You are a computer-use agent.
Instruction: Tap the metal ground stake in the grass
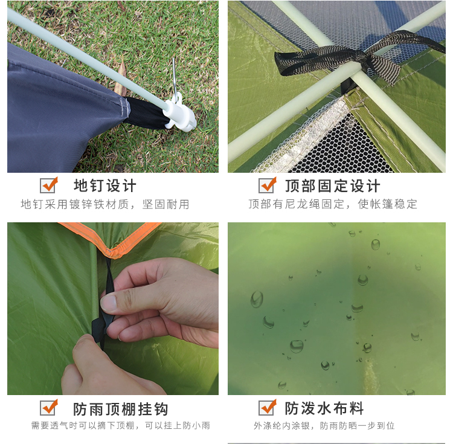tap(175, 78)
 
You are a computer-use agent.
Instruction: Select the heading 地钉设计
tap(105, 185)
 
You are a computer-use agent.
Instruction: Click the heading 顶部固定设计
tap(333, 185)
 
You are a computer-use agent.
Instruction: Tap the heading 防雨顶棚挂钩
tap(120, 409)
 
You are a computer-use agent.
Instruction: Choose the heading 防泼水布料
tap(324, 408)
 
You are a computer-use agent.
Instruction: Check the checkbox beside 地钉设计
tap(48, 185)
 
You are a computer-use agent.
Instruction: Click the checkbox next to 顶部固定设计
tap(267, 185)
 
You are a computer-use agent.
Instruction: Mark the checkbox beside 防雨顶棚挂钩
tap(48, 407)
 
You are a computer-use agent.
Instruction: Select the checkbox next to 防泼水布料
tap(267, 407)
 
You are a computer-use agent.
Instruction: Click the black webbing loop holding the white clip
tap(147, 113)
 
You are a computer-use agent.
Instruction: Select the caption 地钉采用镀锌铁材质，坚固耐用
tap(105, 204)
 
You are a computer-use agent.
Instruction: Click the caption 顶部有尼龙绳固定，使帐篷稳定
tap(333, 204)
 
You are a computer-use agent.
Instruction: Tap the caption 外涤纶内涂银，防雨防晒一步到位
tap(324, 425)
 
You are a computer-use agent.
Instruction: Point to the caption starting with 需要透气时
tap(120, 425)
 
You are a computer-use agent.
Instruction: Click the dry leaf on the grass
tap(121, 78)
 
